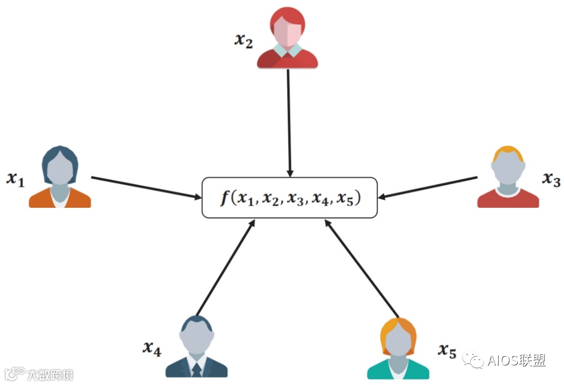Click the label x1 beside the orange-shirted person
click(15, 179)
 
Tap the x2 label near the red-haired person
click(244, 41)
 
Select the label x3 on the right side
click(551, 180)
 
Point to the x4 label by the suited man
click(152, 348)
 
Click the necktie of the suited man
click(197, 369)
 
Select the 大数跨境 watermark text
click(50, 374)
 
